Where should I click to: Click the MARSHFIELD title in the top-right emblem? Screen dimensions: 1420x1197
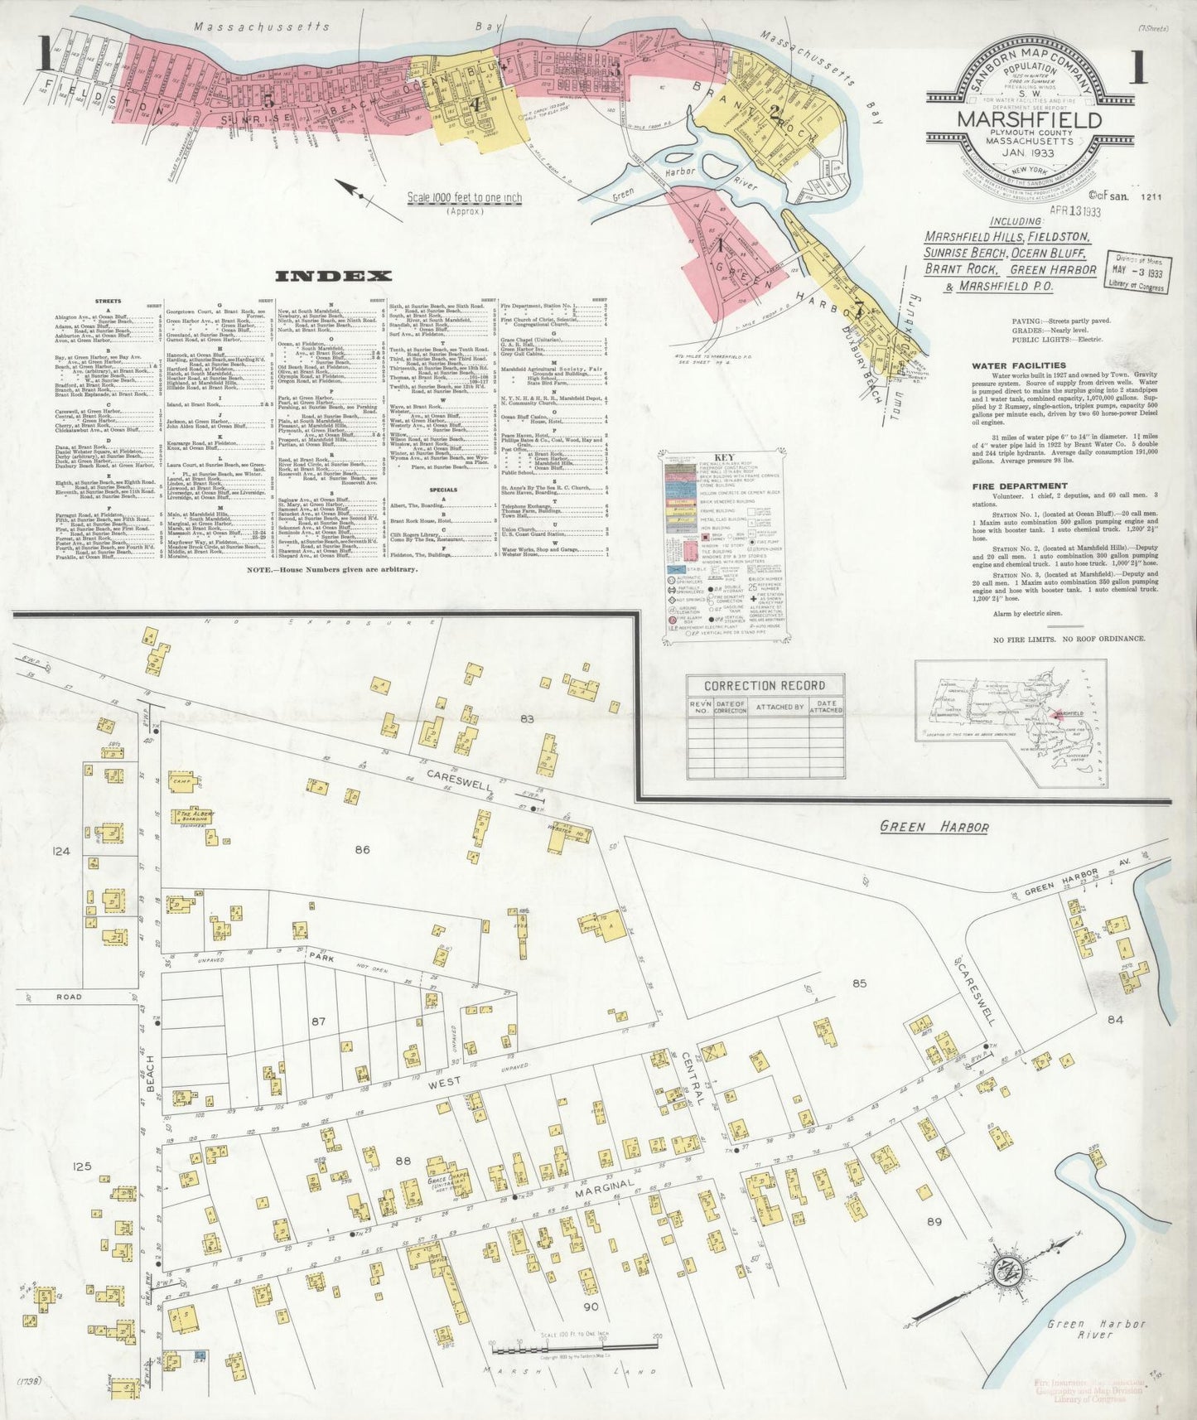(1030, 120)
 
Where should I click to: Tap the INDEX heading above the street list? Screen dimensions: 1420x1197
(334, 276)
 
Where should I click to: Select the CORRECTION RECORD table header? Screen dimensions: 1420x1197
(765, 685)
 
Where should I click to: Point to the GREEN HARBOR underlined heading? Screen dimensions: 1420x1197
(934, 826)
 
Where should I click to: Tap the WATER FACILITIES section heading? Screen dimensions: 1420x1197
(1019, 365)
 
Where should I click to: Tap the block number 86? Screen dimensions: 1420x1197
(362, 849)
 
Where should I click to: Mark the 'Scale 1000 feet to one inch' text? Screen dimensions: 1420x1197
(464, 198)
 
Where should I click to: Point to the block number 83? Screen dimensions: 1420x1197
(527, 719)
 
